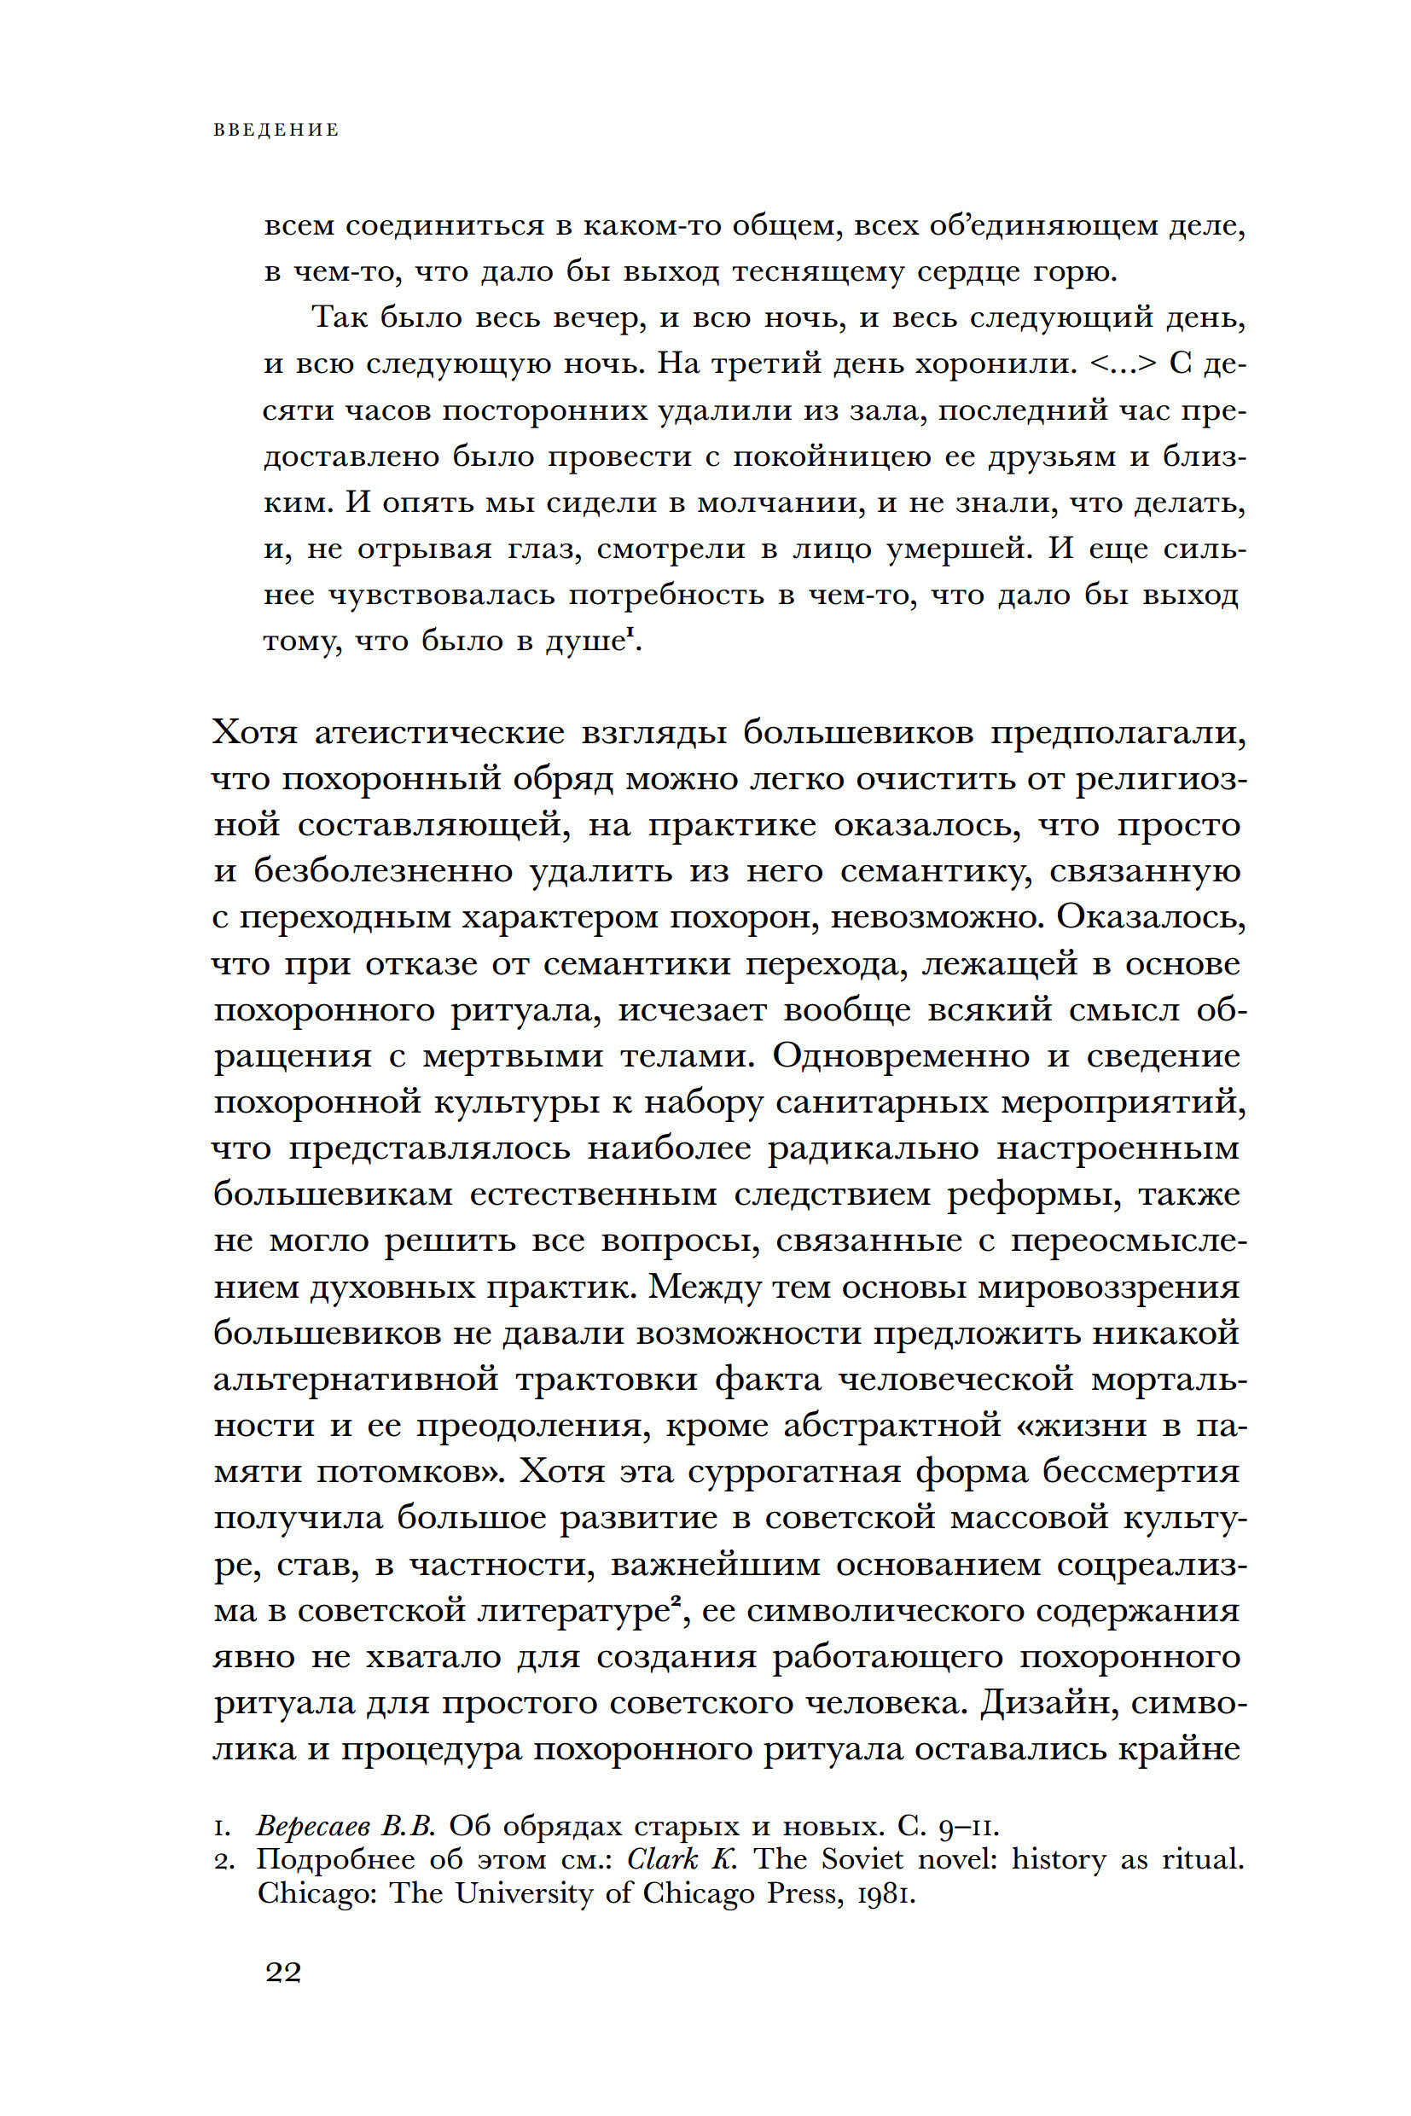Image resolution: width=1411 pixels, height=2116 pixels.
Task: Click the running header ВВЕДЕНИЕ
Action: pyautogui.click(x=276, y=131)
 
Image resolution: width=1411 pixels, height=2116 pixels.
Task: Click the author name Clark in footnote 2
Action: pyautogui.click(x=662, y=1859)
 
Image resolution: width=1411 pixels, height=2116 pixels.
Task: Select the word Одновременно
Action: pyautogui.click(x=900, y=1056)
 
